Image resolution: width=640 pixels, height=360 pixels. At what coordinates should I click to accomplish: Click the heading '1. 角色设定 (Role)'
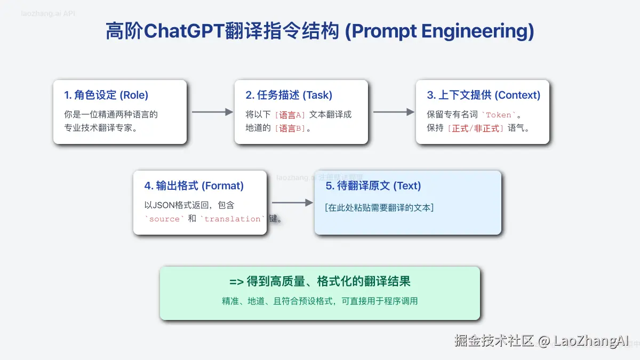[x=106, y=95]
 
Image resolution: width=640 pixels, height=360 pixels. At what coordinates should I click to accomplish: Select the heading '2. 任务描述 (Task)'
[x=289, y=95]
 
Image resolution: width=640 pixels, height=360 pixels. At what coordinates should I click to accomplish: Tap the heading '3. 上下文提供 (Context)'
[x=483, y=95]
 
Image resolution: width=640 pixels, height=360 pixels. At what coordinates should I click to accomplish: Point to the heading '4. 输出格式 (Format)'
[x=194, y=186]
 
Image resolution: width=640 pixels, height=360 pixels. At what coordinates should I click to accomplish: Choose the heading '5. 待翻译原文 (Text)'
[x=373, y=186]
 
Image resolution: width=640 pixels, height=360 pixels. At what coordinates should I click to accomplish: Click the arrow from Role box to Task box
[x=212, y=112]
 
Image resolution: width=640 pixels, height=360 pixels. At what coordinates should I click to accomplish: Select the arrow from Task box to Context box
[x=394, y=112]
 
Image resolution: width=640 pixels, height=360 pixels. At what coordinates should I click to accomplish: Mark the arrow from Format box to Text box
[x=292, y=203]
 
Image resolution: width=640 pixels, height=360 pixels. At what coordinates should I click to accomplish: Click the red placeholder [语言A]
[x=290, y=115]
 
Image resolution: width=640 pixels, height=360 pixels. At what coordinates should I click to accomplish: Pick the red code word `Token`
[x=499, y=115]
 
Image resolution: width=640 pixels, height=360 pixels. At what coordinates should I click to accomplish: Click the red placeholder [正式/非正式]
[x=475, y=129]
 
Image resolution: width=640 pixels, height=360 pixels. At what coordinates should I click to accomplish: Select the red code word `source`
[x=164, y=219]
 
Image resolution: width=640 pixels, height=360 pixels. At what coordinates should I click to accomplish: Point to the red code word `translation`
[x=233, y=219]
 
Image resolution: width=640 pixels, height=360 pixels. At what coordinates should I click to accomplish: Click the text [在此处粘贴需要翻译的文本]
[x=379, y=208]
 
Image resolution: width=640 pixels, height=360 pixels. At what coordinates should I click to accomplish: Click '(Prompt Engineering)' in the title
[x=439, y=31]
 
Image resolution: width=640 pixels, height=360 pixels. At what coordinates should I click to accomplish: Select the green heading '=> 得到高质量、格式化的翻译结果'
[x=319, y=282]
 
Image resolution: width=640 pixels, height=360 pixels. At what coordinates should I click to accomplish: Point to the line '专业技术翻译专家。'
[x=101, y=129]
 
